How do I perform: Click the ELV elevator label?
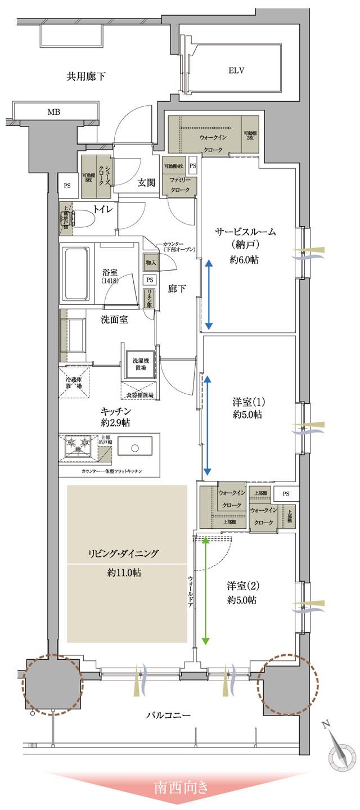236,70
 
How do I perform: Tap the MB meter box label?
53,112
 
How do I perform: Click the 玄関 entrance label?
148,182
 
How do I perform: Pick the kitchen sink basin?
135,448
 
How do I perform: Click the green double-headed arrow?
205,590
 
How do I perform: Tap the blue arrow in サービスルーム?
208,294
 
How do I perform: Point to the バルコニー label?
169,715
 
